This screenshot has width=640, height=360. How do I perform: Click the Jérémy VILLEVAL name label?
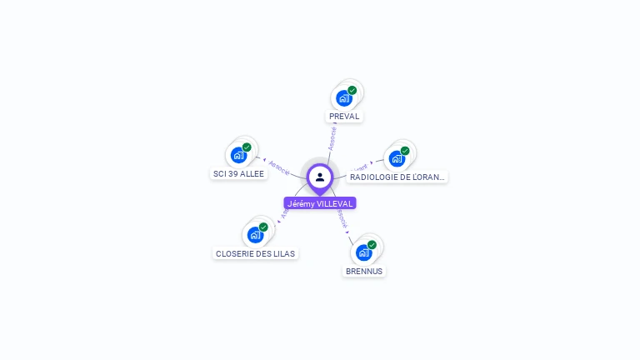click(x=320, y=203)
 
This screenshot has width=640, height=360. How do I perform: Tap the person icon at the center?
click(x=320, y=177)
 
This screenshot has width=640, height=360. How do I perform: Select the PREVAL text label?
click(x=344, y=117)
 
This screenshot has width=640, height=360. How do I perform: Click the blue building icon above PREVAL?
click(x=342, y=98)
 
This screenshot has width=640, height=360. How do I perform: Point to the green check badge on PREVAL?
click(x=352, y=90)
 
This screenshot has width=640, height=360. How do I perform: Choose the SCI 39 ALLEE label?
click(x=238, y=174)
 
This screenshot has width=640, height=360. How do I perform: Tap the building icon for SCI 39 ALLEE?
click(x=238, y=155)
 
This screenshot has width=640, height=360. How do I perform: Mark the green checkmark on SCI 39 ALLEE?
click(x=247, y=147)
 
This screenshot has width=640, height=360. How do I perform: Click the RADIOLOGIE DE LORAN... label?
click(x=397, y=177)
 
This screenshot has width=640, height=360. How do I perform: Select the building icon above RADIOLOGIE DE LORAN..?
click(x=396, y=158)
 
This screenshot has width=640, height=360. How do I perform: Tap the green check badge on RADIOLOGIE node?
click(x=405, y=151)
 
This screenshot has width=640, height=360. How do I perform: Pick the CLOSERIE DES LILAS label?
click(x=255, y=254)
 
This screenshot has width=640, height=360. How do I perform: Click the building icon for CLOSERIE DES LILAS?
click(x=255, y=235)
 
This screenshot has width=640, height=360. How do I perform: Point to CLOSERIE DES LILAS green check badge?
click(x=263, y=227)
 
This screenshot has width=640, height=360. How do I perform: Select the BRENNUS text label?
click(x=364, y=272)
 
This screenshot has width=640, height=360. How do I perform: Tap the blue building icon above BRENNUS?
click(x=363, y=252)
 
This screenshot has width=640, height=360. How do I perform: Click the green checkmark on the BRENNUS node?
click(x=372, y=245)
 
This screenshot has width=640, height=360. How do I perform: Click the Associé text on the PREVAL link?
click(x=332, y=138)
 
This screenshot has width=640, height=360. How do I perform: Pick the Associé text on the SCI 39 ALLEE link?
click(x=279, y=166)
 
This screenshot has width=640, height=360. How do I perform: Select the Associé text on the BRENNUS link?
click(x=342, y=217)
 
